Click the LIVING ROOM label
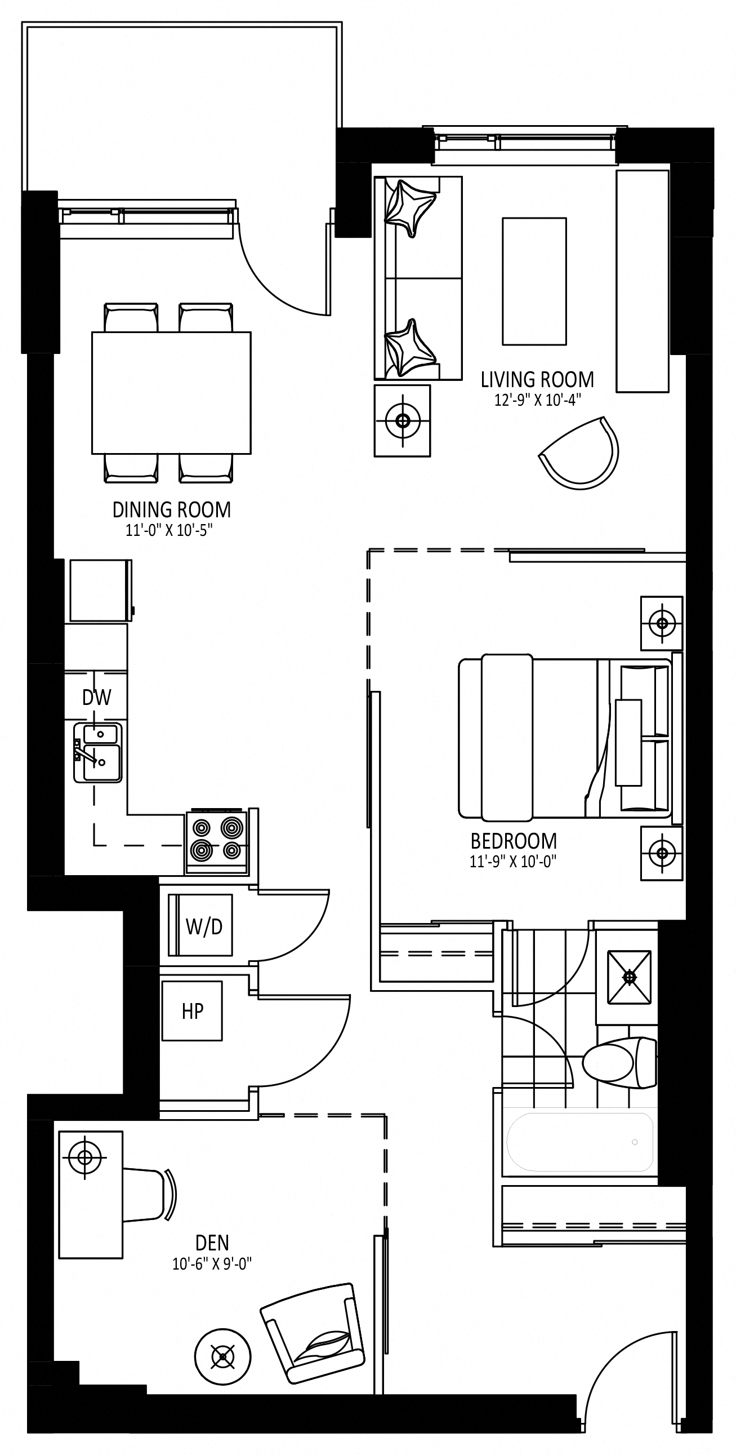tap(537, 380)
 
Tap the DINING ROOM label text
tap(172, 510)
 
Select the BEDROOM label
tap(514, 841)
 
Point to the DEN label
tap(212, 1243)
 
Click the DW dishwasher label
tap(96, 698)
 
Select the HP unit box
tap(192, 1011)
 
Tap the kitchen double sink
tap(97, 752)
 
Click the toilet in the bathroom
tap(620, 1062)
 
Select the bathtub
tap(579, 1142)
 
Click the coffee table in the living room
tap(534, 281)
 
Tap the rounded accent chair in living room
tap(580, 453)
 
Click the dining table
tap(172, 393)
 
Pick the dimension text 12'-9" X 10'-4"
tap(537, 400)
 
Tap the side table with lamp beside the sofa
tap(402, 421)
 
